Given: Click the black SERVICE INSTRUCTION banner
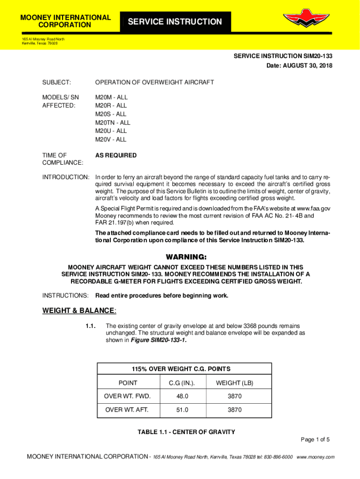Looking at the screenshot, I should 175,22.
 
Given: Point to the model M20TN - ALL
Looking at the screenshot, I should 113,123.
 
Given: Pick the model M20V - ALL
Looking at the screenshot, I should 111,139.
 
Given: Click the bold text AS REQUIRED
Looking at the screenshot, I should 116,155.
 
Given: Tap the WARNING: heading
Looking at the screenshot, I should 186,257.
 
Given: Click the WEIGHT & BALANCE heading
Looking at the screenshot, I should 79,311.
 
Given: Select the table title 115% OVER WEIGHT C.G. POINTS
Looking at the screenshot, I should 184,369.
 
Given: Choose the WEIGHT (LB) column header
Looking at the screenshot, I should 235,383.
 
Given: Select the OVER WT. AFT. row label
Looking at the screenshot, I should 128,410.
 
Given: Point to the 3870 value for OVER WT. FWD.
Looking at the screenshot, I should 235,396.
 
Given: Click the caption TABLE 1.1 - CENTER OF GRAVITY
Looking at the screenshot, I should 186,432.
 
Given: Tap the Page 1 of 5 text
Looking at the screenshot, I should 315,439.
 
